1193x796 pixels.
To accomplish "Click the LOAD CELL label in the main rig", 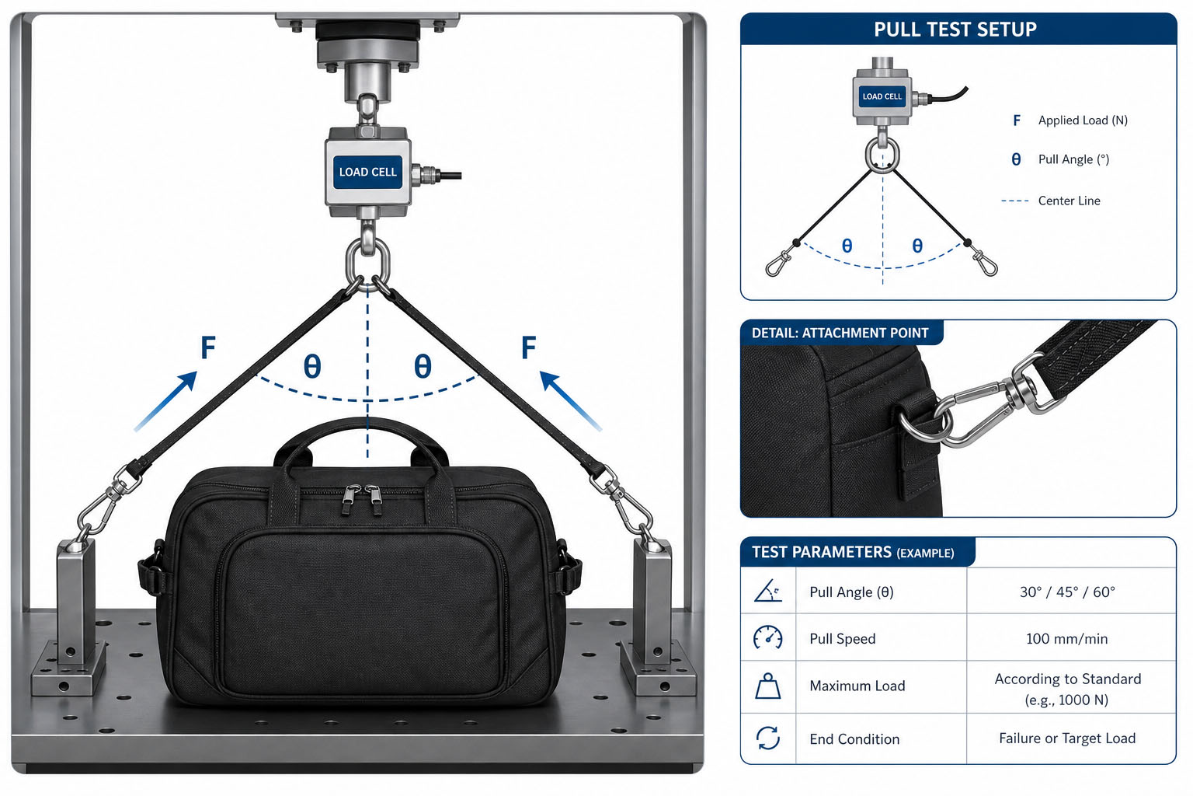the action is coord(367,173).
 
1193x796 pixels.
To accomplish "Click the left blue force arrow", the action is coord(165,401).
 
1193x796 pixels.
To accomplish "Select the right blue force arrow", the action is coord(570,400).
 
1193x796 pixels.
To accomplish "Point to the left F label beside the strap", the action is coord(208,347).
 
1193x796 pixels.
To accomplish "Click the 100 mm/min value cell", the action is coord(1066,639).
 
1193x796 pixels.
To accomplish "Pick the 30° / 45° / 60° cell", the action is coord(1067,592).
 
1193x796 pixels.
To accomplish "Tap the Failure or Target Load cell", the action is coord(1067,738).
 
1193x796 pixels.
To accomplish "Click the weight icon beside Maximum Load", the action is coord(768,686).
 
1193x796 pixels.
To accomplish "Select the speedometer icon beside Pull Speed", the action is coord(768,637).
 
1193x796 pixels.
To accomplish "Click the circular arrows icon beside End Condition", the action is coord(768,738).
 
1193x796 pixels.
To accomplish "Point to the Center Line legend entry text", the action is coord(1069,201).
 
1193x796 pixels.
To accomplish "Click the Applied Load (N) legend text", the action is coord(1083,120).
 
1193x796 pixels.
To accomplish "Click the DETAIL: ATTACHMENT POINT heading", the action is coord(840,333).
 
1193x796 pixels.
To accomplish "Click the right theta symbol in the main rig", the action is coord(423,366).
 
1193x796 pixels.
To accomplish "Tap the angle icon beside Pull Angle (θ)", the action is coord(768,591).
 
